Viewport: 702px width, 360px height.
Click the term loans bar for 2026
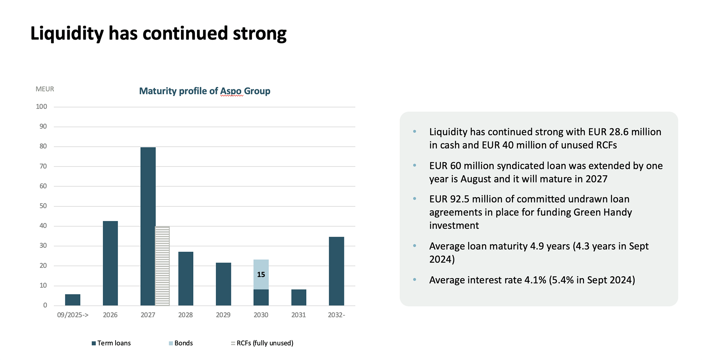pyautogui.click(x=110, y=263)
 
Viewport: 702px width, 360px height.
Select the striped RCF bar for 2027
pyautogui.click(x=162, y=266)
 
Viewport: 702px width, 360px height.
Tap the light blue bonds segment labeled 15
pyautogui.click(x=261, y=274)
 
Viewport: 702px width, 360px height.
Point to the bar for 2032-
pyautogui.click(x=336, y=271)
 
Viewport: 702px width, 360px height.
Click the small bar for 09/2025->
pyautogui.click(x=72, y=300)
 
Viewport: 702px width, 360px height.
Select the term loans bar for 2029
pyautogui.click(x=223, y=284)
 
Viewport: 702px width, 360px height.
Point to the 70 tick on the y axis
pyautogui.click(x=43, y=166)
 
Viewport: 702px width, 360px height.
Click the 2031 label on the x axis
pyautogui.click(x=298, y=315)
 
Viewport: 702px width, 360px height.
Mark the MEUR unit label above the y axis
pyautogui.click(x=45, y=89)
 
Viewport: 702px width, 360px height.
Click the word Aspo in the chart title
pyautogui.click(x=231, y=91)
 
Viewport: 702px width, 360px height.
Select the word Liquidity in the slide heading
pyautogui.click(x=67, y=34)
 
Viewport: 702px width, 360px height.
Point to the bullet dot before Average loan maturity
pyautogui.click(x=415, y=246)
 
